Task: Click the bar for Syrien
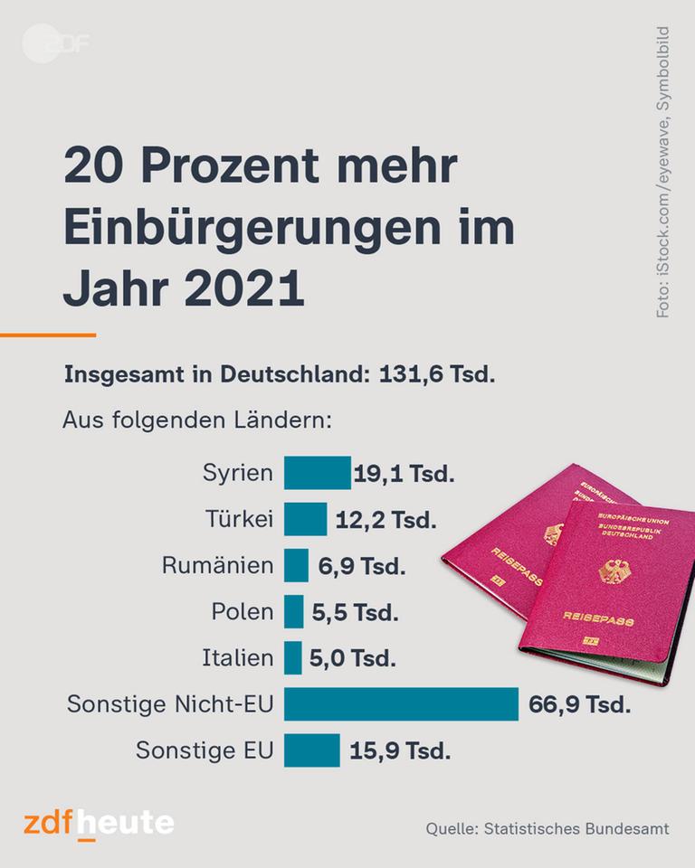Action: pos(318,473)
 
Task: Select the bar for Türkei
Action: pos(306,520)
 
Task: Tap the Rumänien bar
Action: pos(296,566)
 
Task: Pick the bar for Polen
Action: pos(294,612)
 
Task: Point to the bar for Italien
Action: pos(293,658)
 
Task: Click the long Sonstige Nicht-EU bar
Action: pos(401,704)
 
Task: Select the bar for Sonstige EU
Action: pos(312,750)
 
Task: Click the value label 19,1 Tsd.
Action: pos(404,474)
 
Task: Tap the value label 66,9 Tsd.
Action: pos(580,704)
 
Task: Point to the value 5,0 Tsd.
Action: pos(353,658)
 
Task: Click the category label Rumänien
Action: pos(217,566)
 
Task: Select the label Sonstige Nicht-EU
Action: pos(170,704)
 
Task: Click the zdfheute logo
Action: pos(99,825)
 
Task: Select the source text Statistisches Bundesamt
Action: pos(577,828)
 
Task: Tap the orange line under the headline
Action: pos(47,335)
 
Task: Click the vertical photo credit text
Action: pos(663,172)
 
